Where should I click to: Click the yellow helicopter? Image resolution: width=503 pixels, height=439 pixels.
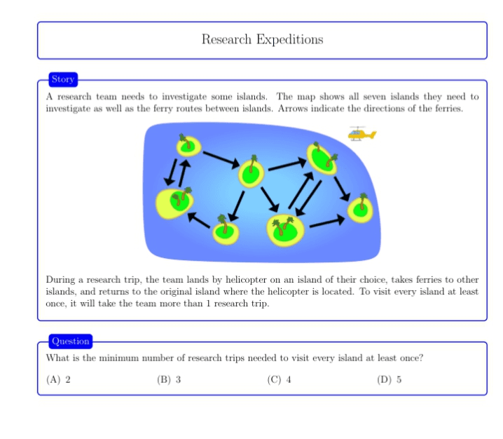(362, 134)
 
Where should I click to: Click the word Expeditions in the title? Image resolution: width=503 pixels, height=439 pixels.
(289, 39)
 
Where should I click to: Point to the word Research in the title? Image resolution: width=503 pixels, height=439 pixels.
(226, 39)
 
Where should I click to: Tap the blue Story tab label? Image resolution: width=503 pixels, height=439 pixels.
(63, 79)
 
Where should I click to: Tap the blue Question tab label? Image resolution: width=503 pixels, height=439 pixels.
(71, 341)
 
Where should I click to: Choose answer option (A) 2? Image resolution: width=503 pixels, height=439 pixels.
(58, 379)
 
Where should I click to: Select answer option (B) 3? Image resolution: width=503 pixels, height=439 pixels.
(169, 379)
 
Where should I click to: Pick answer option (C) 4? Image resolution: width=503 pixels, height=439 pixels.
(279, 379)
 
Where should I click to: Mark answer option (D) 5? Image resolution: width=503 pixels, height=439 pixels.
(389, 379)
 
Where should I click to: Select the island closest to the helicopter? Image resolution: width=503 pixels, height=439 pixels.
(322, 158)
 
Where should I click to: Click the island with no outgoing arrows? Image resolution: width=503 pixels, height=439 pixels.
(360, 210)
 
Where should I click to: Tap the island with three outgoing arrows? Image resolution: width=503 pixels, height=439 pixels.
(251, 173)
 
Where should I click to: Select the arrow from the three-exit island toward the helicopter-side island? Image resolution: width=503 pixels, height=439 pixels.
(287, 164)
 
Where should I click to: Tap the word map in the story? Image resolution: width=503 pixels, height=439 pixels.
(306, 97)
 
